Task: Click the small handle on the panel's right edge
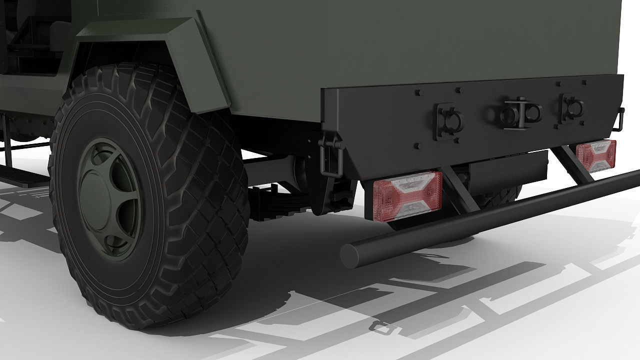pyautogui.click(x=620, y=118)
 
